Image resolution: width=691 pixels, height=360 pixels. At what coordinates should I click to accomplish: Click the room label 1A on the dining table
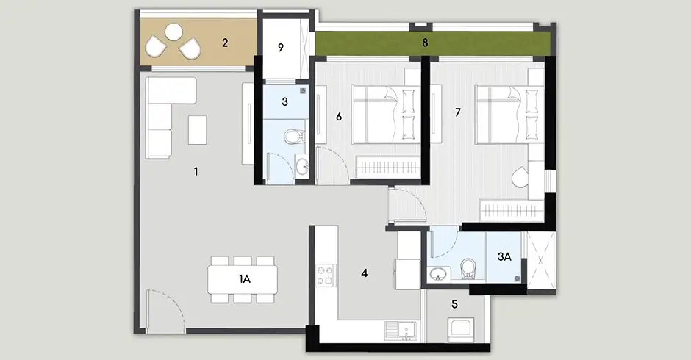coord(245,279)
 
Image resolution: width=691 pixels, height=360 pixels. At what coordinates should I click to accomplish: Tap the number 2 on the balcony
coord(225,43)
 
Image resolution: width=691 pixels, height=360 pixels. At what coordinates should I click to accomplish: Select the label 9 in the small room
coord(281,48)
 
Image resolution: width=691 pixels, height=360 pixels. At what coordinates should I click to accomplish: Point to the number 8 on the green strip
coord(425,43)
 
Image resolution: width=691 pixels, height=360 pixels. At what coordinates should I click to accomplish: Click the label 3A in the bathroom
coord(504,257)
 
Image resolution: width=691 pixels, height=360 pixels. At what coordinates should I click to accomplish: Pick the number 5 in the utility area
coord(454,304)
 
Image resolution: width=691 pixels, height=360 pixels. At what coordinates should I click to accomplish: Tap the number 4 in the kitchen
coord(365,273)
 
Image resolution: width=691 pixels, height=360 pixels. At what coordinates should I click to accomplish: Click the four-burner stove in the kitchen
coord(326,276)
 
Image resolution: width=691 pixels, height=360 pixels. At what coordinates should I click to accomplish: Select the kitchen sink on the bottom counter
coord(401,331)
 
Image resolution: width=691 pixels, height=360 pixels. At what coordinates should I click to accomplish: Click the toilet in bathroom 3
coord(294,136)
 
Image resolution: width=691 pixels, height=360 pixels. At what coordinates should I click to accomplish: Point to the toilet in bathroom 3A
coord(468,269)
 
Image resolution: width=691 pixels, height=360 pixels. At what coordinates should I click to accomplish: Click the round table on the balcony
coord(173,32)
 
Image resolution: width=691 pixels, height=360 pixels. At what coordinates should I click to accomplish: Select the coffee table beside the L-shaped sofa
coord(198,130)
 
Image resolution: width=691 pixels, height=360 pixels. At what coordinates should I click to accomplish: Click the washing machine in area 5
coord(461,330)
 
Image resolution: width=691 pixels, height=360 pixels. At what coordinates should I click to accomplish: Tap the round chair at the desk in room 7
coord(521,176)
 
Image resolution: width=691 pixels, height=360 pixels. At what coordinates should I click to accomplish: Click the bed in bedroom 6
coord(384,115)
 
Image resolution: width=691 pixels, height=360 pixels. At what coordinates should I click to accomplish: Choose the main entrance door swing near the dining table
coord(166,309)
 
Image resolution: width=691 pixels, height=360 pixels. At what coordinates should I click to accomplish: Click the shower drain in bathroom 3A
coord(518,278)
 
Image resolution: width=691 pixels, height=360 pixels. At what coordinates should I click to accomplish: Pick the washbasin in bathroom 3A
coord(438,273)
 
